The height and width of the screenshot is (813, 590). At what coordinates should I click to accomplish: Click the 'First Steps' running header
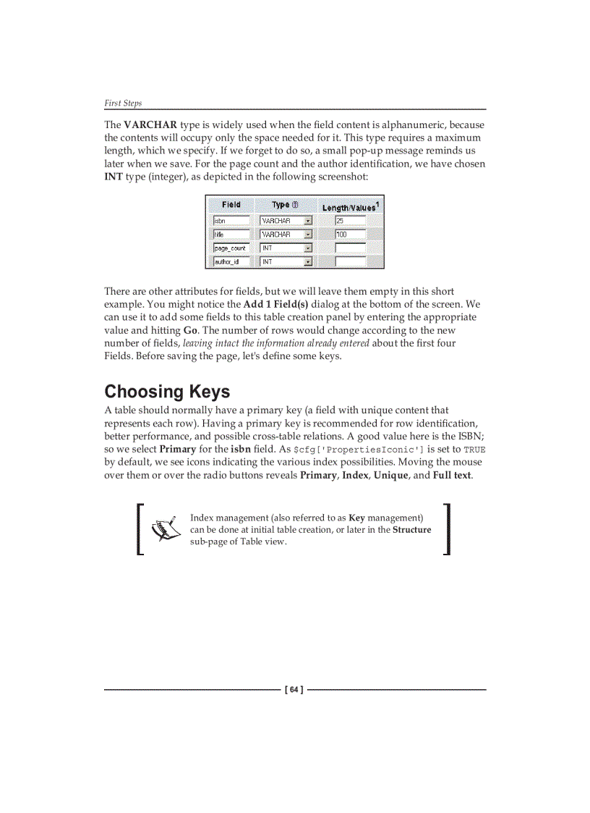pos(123,103)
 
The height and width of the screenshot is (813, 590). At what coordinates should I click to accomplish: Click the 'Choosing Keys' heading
pos(167,392)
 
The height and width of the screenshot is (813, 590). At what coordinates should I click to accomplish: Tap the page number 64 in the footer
pos(294,690)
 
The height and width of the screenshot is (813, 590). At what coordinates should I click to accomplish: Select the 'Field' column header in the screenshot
pos(231,205)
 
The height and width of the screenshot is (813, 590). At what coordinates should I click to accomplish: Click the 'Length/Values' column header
pos(350,207)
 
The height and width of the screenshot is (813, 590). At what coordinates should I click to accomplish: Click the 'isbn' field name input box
pos(231,221)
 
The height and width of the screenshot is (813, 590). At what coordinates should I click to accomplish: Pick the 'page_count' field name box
pos(231,248)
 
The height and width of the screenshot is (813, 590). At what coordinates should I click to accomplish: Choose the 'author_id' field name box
pos(231,262)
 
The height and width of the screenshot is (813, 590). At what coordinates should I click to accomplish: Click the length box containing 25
pos(350,221)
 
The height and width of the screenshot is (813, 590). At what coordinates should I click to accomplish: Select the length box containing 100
pos(350,235)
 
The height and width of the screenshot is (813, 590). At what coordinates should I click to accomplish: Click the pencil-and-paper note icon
pos(166,529)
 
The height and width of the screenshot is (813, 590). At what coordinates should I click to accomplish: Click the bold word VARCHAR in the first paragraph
pos(150,125)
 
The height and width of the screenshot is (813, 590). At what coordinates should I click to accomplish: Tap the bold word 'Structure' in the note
pos(411,530)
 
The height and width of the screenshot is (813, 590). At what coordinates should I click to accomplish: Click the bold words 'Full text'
pos(452,476)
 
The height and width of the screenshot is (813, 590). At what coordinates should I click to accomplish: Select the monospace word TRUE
pos(474,450)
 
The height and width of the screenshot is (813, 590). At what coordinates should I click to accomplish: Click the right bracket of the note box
pos(447,529)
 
